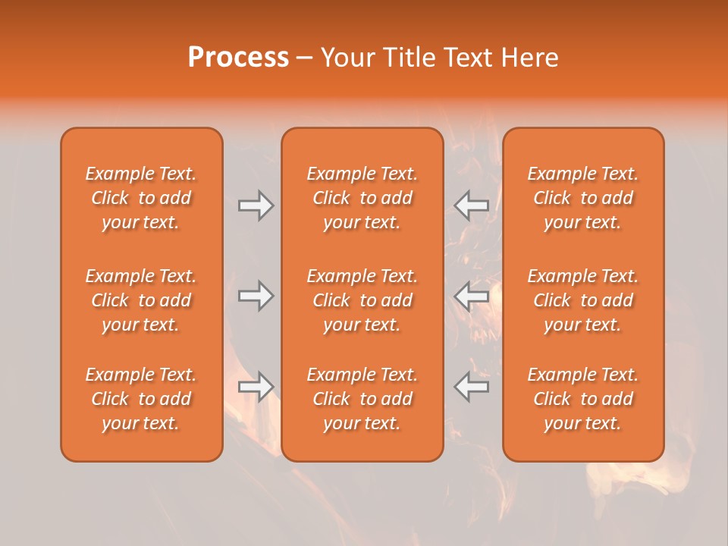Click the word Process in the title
[238, 58]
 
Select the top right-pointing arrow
[256, 206]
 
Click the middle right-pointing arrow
[256, 296]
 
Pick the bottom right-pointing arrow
[256, 387]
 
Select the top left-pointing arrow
[472, 206]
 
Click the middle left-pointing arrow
[472, 296]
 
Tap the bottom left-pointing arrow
[472, 387]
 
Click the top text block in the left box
[141, 198]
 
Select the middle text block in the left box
[141, 300]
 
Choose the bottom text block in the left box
[141, 399]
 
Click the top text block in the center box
[362, 198]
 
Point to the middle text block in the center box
[362, 300]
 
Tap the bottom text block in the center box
[362, 399]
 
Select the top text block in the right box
[582, 198]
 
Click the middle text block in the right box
[582, 300]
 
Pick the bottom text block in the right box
[582, 399]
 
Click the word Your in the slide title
[348, 58]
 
